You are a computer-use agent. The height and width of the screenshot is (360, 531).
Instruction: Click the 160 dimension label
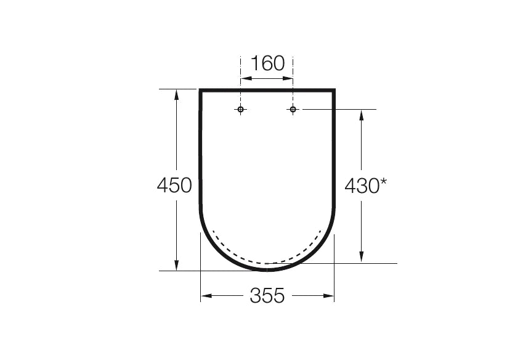pyautogui.click(x=267, y=63)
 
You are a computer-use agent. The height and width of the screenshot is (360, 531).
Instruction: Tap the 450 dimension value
pyautogui.click(x=174, y=185)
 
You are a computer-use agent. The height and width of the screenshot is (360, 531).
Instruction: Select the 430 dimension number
pyautogui.click(x=361, y=186)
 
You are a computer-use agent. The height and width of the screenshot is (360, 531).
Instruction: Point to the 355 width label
pyautogui.click(x=267, y=296)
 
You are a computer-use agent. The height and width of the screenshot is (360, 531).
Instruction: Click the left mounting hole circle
pyautogui.click(x=241, y=110)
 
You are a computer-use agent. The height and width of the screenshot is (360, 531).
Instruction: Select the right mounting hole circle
pyautogui.click(x=293, y=110)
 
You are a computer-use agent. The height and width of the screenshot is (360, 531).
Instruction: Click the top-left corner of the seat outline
pyautogui.click(x=200, y=91)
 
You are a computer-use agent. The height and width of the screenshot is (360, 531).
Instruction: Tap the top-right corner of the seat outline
pyautogui.click(x=334, y=91)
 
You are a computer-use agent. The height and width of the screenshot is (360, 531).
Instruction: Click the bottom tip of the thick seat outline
pyautogui.click(x=267, y=269)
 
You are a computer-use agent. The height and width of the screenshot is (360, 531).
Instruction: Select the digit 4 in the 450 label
pyautogui.click(x=163, y=185)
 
